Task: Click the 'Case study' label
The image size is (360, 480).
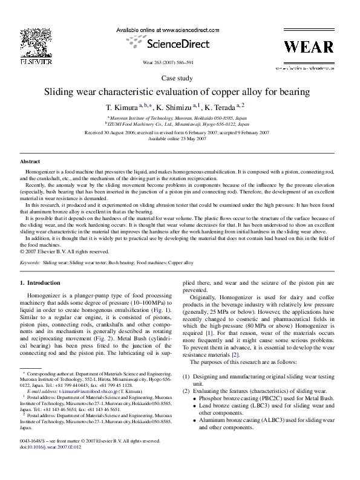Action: tap(180, 79)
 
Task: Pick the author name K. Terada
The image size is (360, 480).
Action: tap(227, 106)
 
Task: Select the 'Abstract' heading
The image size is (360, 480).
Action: tap(30, 163)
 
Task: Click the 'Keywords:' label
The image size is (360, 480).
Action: tap(30, 264)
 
